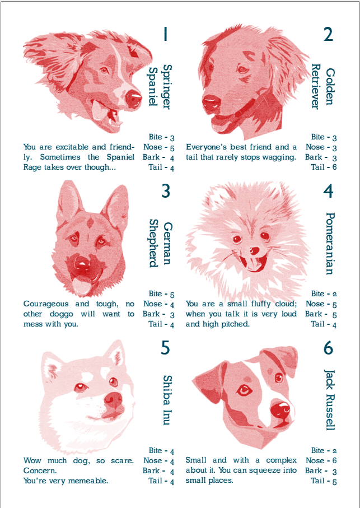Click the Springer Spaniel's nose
[133, 98]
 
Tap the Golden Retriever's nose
[212, 102]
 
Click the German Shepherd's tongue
[80, 285]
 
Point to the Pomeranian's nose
[255, 251]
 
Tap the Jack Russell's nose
[280, 411]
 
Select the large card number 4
[328, 191]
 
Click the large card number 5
[165, 348]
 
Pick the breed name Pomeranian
[329, 244]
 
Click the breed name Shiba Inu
[167, 400]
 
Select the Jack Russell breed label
[329, 399]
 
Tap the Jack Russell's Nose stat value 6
[334, 461]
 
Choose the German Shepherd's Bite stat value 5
[172, 295]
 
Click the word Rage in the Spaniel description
[32, 167]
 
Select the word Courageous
[46, 304]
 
